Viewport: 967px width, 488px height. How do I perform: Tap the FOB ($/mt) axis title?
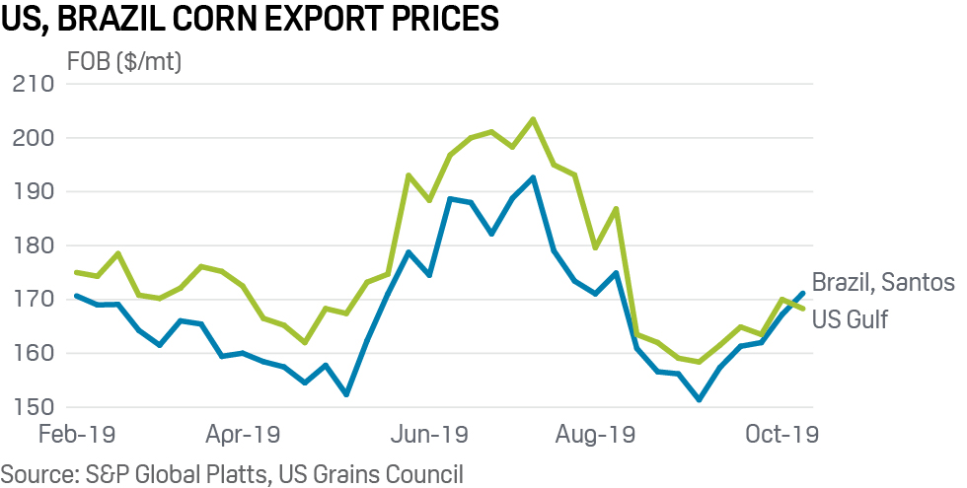(x=123, y=62)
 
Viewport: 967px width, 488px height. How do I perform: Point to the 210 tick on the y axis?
(x=34, y=84)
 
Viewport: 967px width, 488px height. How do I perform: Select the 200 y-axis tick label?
(x=34, y=138)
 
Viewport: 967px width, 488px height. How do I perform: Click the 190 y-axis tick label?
(x=34, y=191)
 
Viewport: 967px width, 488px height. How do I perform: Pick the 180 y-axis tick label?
(x=34, y=245)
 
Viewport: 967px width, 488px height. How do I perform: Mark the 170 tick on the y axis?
(x=34, y=299)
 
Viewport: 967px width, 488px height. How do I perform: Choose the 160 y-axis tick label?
(x=34, y=353)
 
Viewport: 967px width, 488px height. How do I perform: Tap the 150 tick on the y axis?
(x=34, y=406)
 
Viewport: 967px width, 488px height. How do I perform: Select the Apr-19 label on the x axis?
(x=245, y=434)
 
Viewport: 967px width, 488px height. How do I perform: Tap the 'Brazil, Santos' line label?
(x=883, y=283)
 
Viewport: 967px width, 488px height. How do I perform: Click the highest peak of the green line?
(x=533, y=119)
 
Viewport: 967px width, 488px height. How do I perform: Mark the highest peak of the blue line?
(x=533, y=177)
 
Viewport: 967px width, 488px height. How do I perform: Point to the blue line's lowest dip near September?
(x=699, y=399)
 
